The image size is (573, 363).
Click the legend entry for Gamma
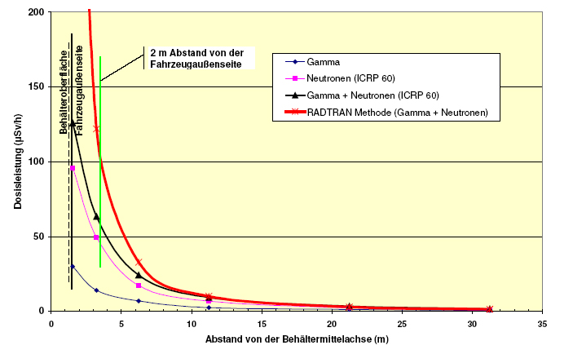click(324, 61)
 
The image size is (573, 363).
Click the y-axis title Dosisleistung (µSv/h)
click(17, 162)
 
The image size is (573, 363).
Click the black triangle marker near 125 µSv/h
click(73, 123)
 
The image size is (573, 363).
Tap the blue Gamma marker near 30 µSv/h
click(73, 266)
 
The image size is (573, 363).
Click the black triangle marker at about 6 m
click(139, 275)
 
